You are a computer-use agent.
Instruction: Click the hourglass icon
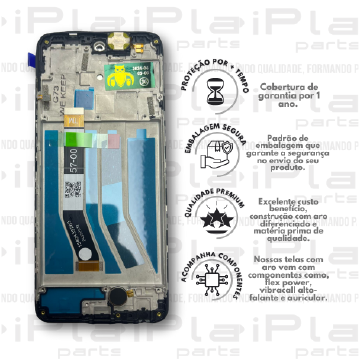[217, 91]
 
